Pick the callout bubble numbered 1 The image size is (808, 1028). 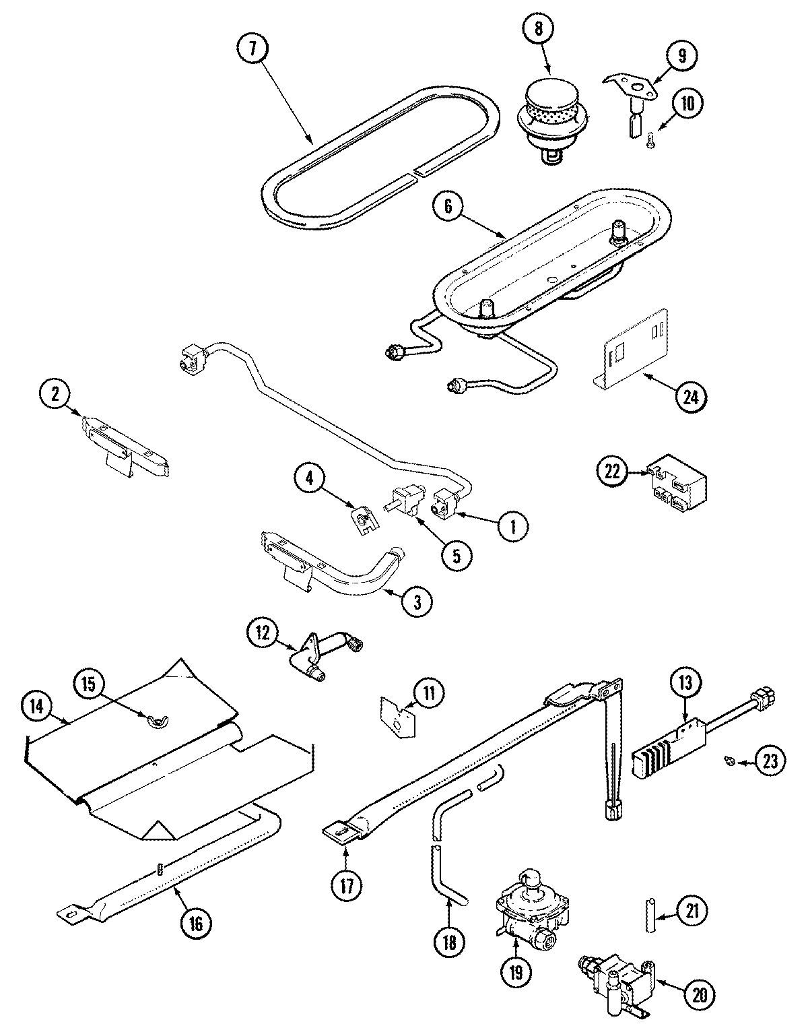click(512, 526)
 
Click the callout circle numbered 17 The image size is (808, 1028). click(347, 883)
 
